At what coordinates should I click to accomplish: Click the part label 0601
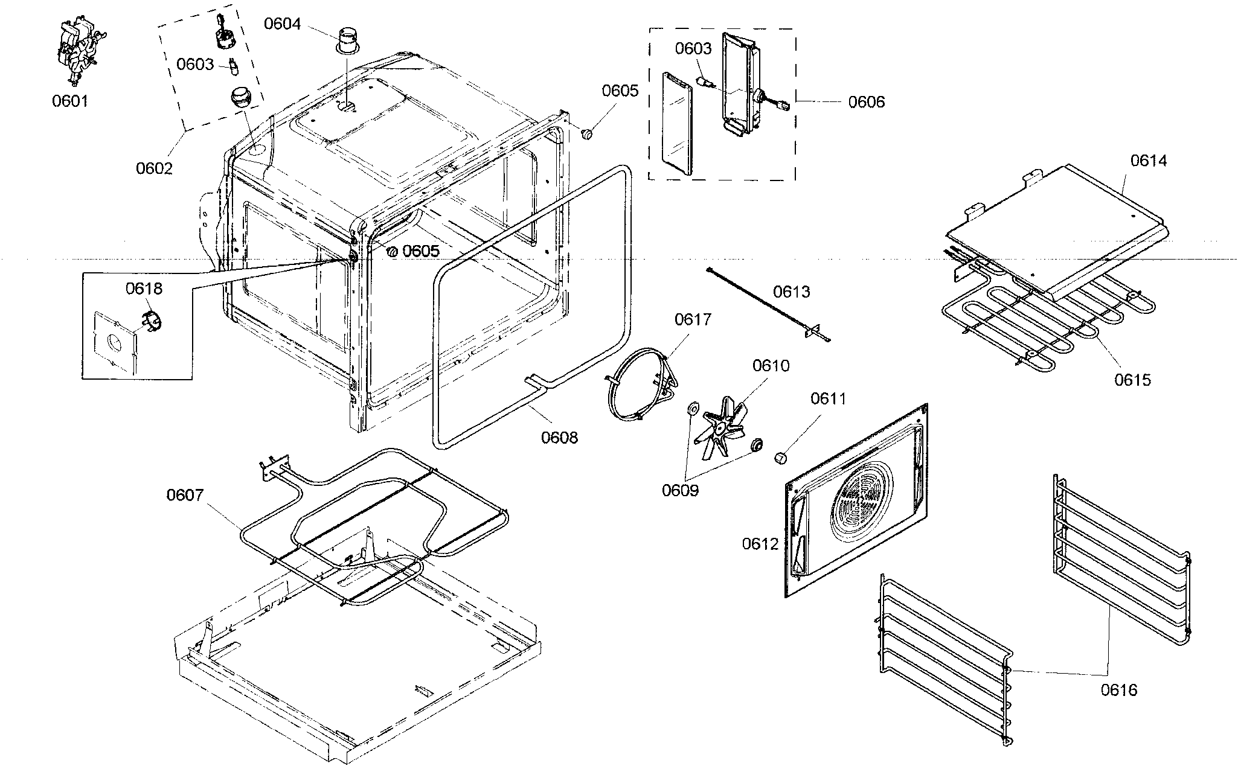[70, 101]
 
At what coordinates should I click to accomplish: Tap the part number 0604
[282, 24]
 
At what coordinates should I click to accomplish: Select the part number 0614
[1149, 161]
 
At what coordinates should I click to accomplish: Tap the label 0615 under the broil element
[1132, 380]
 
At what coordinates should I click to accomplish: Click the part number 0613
[792, 292]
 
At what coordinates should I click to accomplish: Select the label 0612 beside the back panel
[760, 544]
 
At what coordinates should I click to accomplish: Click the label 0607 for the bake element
[185, 495]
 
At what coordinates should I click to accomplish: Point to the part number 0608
[559, 437]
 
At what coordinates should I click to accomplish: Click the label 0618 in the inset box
[144, 289]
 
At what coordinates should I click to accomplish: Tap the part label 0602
[154, 168]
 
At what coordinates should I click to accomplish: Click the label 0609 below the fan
[680, 490]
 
